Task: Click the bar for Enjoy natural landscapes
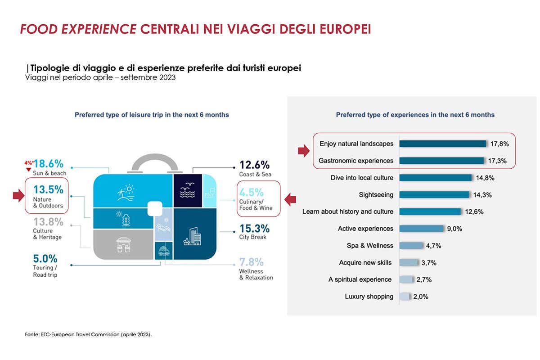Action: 442,144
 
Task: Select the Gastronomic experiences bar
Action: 441,161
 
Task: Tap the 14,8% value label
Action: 485,178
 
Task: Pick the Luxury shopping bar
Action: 405,297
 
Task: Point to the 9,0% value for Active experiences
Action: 454,229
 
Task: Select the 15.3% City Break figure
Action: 254,228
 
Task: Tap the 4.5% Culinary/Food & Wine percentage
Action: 251,192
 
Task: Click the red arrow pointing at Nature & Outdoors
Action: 18,195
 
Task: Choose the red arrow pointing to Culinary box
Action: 290,198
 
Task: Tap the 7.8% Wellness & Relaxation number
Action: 251,262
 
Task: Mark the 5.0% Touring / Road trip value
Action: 45,259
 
